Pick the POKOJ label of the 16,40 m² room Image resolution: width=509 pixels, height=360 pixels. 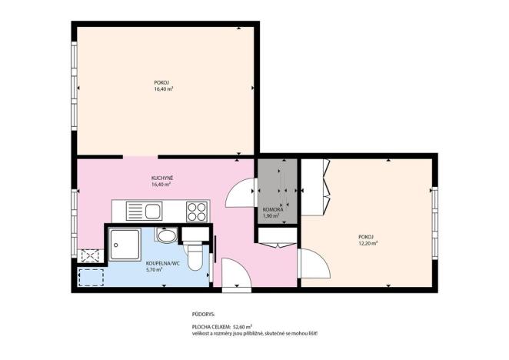tap(161, 82)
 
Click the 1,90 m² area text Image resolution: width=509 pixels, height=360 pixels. tap(272, 216)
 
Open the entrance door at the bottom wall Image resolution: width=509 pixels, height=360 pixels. tap(231, 276)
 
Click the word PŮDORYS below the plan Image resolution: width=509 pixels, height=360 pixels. tap(205, 315)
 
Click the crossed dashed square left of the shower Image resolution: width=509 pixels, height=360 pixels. tap(89, 255)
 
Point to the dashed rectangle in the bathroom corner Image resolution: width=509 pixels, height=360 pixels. tap(91, 276)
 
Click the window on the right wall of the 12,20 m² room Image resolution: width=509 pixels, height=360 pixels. tap(434, 208)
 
